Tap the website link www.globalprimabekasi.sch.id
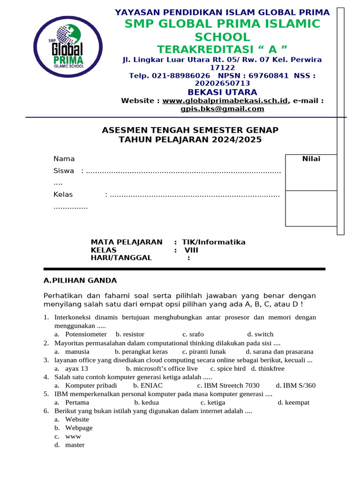click(225, 100)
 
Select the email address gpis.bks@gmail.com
click(222, 109)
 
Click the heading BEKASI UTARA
click(222, 92)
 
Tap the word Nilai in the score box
click(311, 159)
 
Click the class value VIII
click(191, 250)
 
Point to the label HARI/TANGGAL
click(121, 257)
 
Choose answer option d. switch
click(260, 334)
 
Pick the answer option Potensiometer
click(86, 334)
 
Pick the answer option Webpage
click(79, 427)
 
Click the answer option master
click(75, 444)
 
